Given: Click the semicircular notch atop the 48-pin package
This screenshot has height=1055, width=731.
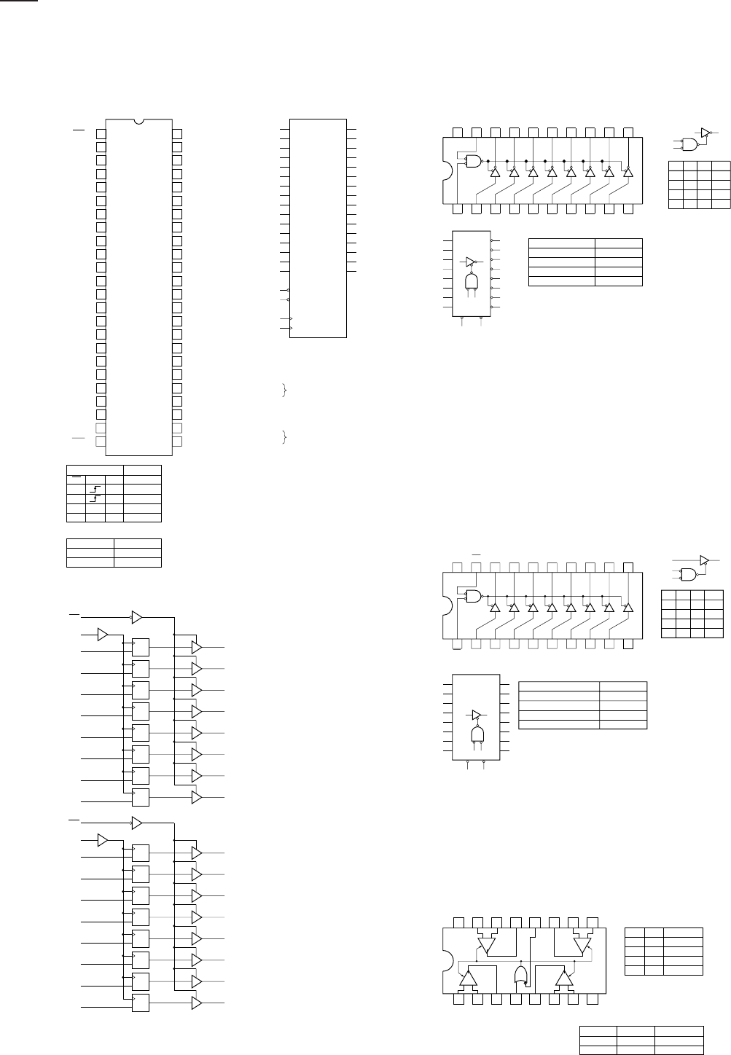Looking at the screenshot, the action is coord(139,120).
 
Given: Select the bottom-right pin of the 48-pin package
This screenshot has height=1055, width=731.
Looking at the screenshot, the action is coord(177,442).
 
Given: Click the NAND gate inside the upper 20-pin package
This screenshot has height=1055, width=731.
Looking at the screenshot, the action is coord(474,161).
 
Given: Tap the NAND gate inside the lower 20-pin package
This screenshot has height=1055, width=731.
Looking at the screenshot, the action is coord(474,596).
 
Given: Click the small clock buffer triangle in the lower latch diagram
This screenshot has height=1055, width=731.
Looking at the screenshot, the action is coord(102,840).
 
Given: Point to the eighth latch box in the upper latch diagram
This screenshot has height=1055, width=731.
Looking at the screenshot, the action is coord(140,797).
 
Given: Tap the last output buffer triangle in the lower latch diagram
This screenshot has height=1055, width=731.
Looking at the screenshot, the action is coord(196,1003).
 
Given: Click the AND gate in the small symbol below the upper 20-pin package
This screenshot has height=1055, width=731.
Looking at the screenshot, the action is coord(472,283).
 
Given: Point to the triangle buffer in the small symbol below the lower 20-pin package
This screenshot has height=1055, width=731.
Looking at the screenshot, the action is coord(477,715).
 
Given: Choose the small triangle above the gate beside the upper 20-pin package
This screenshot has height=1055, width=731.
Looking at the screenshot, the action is coord(705,133).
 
